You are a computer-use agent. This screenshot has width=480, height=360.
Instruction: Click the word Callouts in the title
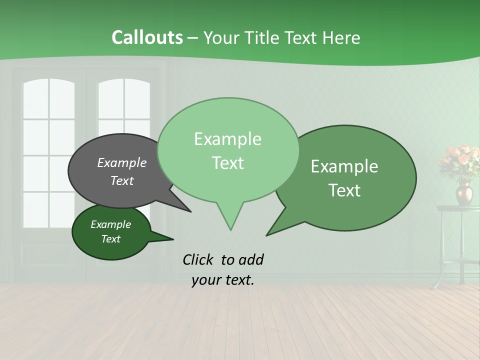[x=147, y=37]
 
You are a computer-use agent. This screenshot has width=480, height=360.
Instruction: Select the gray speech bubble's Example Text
[x=121, y=171]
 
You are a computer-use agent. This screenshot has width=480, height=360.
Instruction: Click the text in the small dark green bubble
[x=110, y=231]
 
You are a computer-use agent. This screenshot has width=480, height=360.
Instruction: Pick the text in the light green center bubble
[x=227, y=150]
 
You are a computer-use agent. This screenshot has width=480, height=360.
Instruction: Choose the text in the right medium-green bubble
[x=344, y=178]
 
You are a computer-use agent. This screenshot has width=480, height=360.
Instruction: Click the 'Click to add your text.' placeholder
[x=223, y=270]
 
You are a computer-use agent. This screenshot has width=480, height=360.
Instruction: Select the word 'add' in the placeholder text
[x=251, y=260]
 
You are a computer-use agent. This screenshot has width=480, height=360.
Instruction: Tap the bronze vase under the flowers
[x=463, y=194]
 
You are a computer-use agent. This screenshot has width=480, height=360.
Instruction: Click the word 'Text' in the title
[x=301, y=38]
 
